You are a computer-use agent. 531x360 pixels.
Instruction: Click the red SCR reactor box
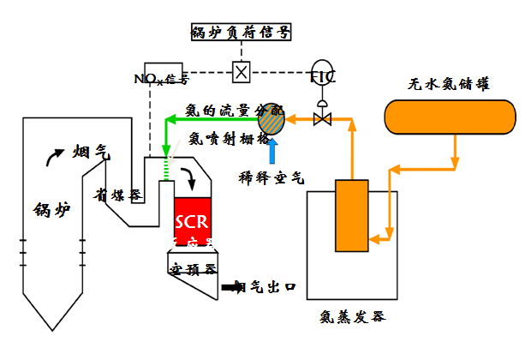[191, 219]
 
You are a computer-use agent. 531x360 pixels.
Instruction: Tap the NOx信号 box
[162, 75]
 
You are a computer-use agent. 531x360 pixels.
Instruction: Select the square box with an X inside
[242, 72]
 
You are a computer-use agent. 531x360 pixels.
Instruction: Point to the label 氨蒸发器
[351, 316]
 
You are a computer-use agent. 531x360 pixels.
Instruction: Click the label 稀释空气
[271, 177]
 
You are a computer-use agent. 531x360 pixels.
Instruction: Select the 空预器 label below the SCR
[189, 267]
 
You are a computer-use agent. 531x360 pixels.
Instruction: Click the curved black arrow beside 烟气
[54, 155]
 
